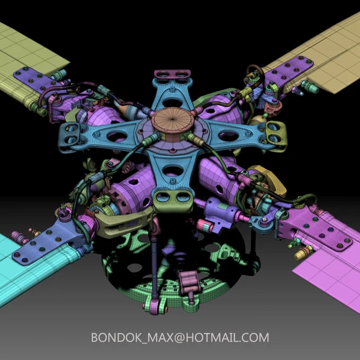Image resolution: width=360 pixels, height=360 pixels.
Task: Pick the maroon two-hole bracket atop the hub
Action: pos(173,74)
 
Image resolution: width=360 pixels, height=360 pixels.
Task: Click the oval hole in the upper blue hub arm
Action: pos(173,103)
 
